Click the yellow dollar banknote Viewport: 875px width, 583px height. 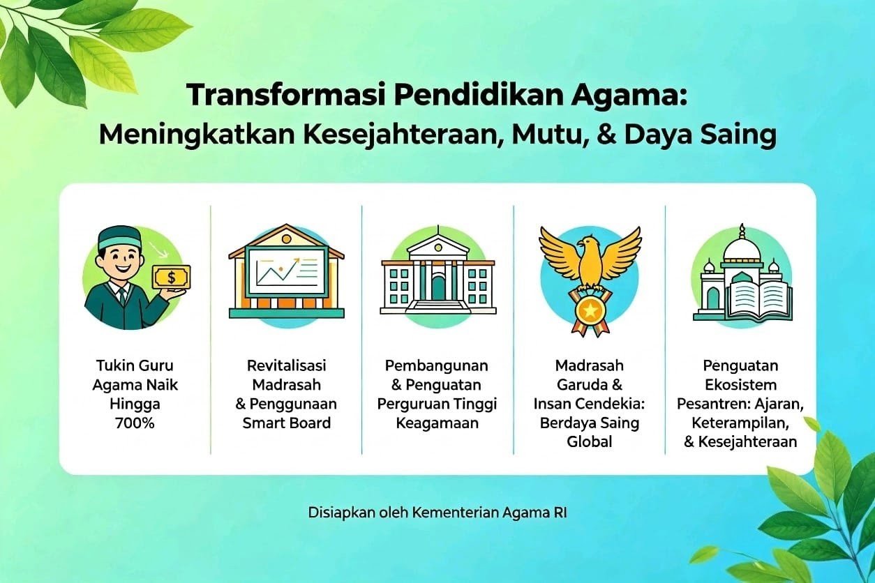point(172,278)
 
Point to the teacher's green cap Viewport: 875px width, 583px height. point(119,237)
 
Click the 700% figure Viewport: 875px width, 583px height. point(135,423)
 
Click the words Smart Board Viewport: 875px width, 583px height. point(286,423)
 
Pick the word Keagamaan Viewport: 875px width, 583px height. point(437,423)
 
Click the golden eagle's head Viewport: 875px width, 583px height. point(588,242)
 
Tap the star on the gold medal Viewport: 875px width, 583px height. point(589,311)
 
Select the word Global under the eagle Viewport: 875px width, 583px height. point(589,442)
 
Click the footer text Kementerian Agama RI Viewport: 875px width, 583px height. point(489,513)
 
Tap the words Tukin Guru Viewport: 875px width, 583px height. point(135,366)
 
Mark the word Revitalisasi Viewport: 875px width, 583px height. point(286,366)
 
